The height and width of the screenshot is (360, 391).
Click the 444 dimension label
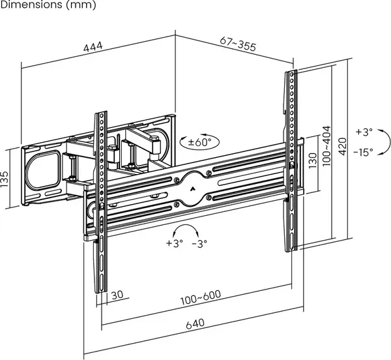coord(93,47)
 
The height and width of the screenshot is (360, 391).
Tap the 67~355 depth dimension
coord(238,44)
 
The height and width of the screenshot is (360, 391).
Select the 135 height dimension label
coord(5,179)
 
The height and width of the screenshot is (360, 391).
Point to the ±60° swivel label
coord(199,142)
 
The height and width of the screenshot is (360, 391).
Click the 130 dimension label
coord(312,160)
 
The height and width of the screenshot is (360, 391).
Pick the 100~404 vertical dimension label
coord(326,146)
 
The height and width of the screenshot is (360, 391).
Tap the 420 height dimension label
coord(343,147)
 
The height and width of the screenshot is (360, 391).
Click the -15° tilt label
coord(363,152)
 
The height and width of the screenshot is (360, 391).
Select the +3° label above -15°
coord(364,132)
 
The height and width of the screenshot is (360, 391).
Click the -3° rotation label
coord(199,243)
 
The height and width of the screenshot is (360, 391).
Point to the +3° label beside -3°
coord(175,243)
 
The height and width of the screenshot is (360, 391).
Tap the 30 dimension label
coord(117,295)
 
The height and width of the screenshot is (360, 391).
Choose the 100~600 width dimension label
coord(201,297)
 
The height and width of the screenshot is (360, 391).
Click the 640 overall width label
coord(195,324)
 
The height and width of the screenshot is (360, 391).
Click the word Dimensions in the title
coord(31,5)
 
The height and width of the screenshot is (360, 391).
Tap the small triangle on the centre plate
coord(192,189)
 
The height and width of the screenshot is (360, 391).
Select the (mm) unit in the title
coord(81,5)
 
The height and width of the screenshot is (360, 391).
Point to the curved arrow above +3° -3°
coord(186,225)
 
